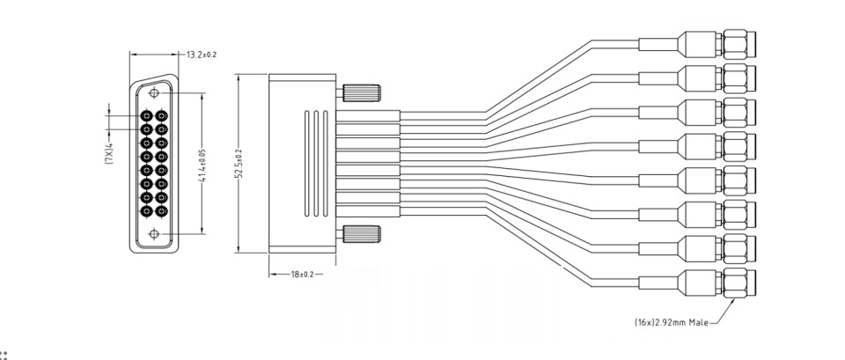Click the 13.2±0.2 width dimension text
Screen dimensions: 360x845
[202, 55]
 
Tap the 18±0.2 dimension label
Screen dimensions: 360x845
[304, 275]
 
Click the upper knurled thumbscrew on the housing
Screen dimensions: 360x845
[362, 92]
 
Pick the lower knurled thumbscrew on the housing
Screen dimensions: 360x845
[362, 234]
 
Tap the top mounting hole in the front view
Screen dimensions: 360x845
[156, 91]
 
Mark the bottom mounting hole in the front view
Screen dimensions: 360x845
[156, 233]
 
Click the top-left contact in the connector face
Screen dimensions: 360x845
[148, 115]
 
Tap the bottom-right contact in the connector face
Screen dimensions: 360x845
[163, 209]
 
